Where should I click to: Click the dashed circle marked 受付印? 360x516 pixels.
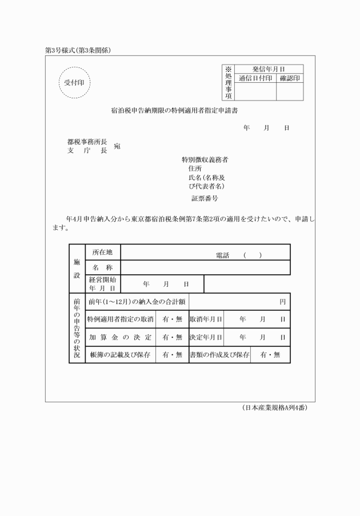tap(74, 82)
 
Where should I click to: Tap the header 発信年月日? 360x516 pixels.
tap(269, 69)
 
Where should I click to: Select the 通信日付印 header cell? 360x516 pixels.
tap(255, 78)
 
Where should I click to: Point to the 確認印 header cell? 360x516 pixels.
tap(290, 78)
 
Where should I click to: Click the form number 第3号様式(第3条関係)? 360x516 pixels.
tap(78, 50)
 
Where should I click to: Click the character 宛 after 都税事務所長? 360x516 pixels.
tap(117, 146)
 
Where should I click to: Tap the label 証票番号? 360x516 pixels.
tap(204, 198)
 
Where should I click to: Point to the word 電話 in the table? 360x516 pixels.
tap(222, 255)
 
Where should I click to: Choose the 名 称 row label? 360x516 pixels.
tap(102, 267)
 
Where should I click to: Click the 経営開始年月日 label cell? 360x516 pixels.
tap(102, 283)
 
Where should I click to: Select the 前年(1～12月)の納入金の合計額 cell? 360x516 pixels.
tap(137, 301)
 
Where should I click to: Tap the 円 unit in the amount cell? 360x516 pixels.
tap(282, 301)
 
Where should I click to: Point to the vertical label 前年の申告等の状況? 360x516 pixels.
tap(77, 328)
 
